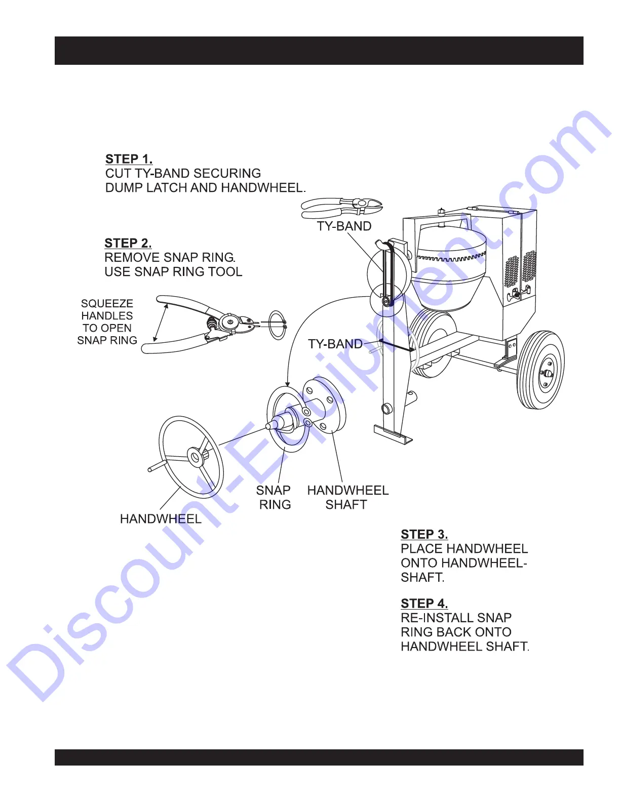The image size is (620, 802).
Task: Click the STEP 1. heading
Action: click(x=129, y=159)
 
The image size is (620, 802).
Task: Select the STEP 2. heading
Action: click(x=128, y=243)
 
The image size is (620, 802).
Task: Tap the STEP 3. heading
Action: click(x=424, y=534)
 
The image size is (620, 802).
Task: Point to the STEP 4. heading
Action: click(x=424, y=604)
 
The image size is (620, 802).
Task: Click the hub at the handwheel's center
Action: click(x=195, y=457)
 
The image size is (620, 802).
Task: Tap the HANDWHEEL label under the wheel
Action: click(x=161, y=518)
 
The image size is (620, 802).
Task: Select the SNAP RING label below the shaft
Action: click(x=274, y=497)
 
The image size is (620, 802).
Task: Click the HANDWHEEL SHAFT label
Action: click(x=347, y=497)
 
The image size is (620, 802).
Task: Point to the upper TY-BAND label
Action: click(x=344, y=226)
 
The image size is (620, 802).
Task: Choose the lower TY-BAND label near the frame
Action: click(x=335, y=344)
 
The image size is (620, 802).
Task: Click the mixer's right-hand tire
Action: click(x=540, y=370)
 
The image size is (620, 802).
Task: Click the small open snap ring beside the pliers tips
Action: click(x=278, y=325)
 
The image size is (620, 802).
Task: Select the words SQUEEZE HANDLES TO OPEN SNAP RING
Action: click(x=107, y=322)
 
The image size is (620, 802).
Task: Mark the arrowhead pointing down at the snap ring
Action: click(x=287, y=384)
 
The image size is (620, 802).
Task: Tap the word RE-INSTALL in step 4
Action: click(x=431, y=618)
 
